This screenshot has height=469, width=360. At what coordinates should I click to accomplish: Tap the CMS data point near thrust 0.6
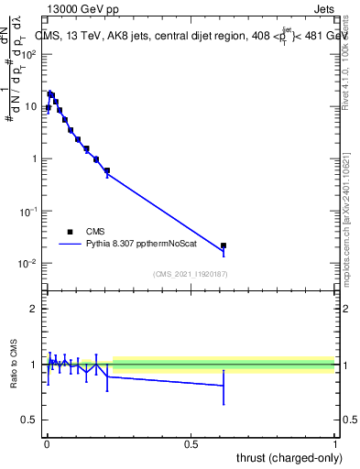pos(224,245)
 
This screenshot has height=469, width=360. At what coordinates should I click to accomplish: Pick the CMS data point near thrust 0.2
pos(107,170)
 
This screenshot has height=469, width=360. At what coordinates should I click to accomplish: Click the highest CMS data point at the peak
pos(50,93)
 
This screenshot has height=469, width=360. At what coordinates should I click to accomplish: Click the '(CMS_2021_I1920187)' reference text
pos(190,274)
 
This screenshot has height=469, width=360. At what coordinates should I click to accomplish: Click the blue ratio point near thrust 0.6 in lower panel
pos(224,386)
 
